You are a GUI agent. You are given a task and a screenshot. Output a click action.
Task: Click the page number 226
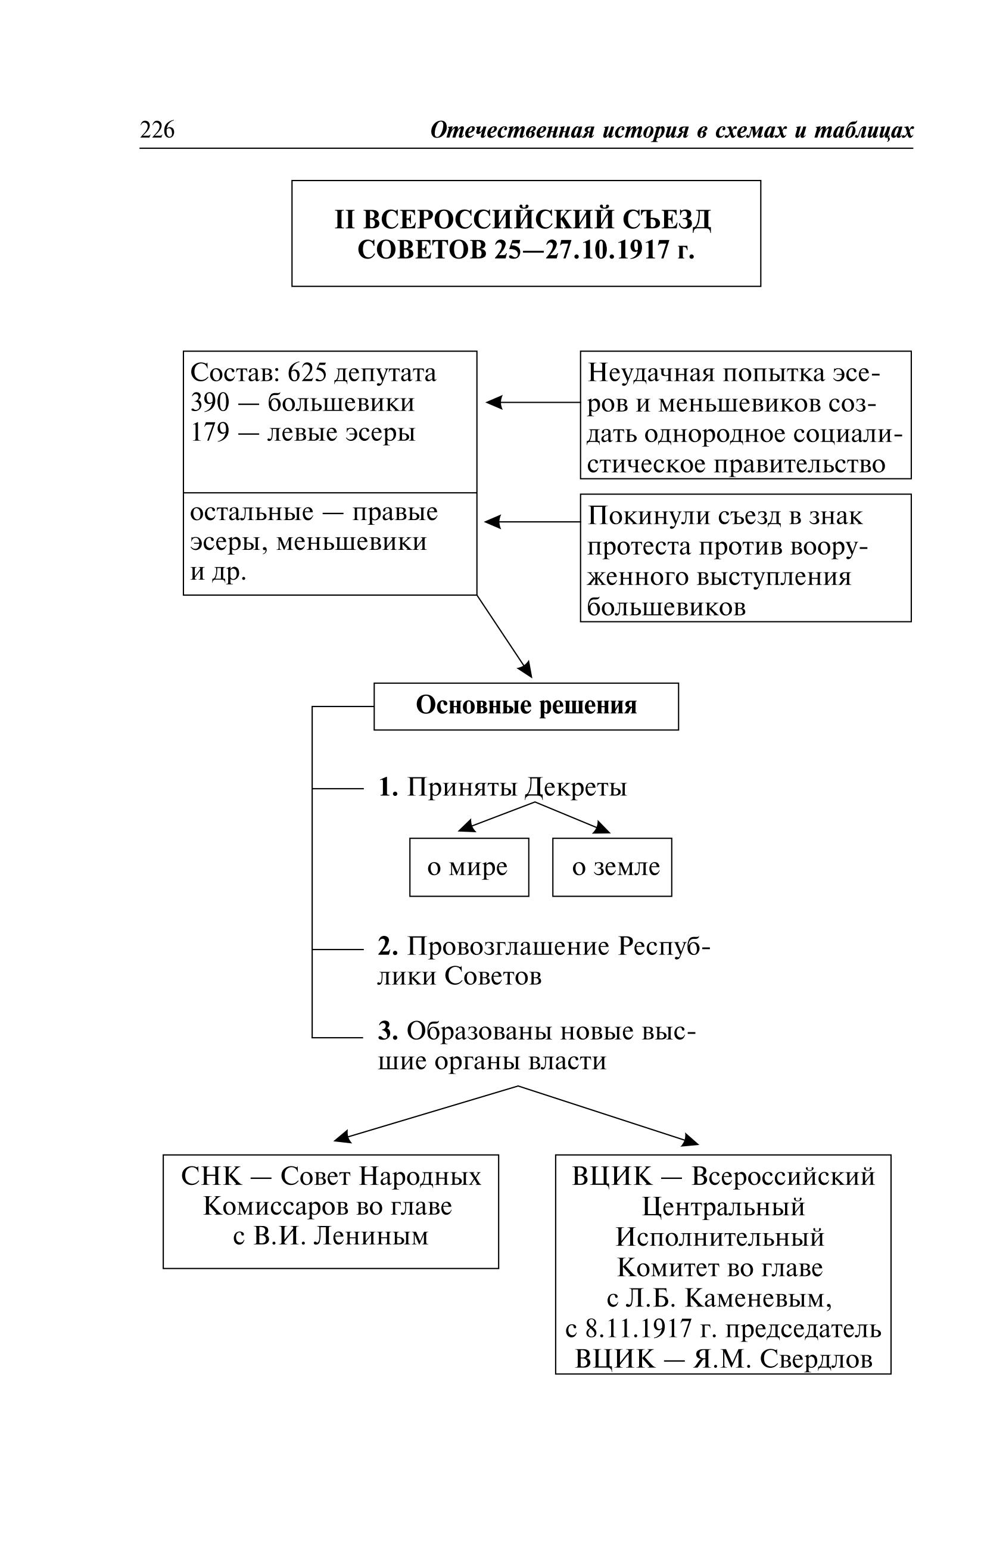157,130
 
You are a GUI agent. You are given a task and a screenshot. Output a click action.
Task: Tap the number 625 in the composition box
306,373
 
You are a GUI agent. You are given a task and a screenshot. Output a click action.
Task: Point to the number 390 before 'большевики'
210,403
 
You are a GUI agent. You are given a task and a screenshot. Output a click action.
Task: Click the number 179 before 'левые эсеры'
210,432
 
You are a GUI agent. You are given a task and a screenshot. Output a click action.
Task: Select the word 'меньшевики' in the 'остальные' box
351,542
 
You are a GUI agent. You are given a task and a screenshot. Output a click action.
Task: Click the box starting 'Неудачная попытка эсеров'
745,415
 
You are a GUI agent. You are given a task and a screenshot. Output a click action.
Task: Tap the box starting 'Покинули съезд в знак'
745,558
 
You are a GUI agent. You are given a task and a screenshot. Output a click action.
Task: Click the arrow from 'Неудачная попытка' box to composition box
533,403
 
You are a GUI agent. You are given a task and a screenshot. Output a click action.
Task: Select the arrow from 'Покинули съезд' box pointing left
532,522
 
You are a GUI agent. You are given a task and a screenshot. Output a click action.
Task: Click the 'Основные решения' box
526,706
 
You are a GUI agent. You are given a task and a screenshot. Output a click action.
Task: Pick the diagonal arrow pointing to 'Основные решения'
504,636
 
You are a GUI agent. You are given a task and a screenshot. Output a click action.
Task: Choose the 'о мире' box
469,867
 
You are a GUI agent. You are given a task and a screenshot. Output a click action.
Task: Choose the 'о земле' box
612,867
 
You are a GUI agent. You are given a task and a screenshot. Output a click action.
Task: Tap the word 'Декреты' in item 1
575,787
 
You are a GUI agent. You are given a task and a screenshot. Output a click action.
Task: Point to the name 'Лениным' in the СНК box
371,1236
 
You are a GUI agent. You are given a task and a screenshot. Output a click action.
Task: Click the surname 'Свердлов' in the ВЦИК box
817,1359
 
